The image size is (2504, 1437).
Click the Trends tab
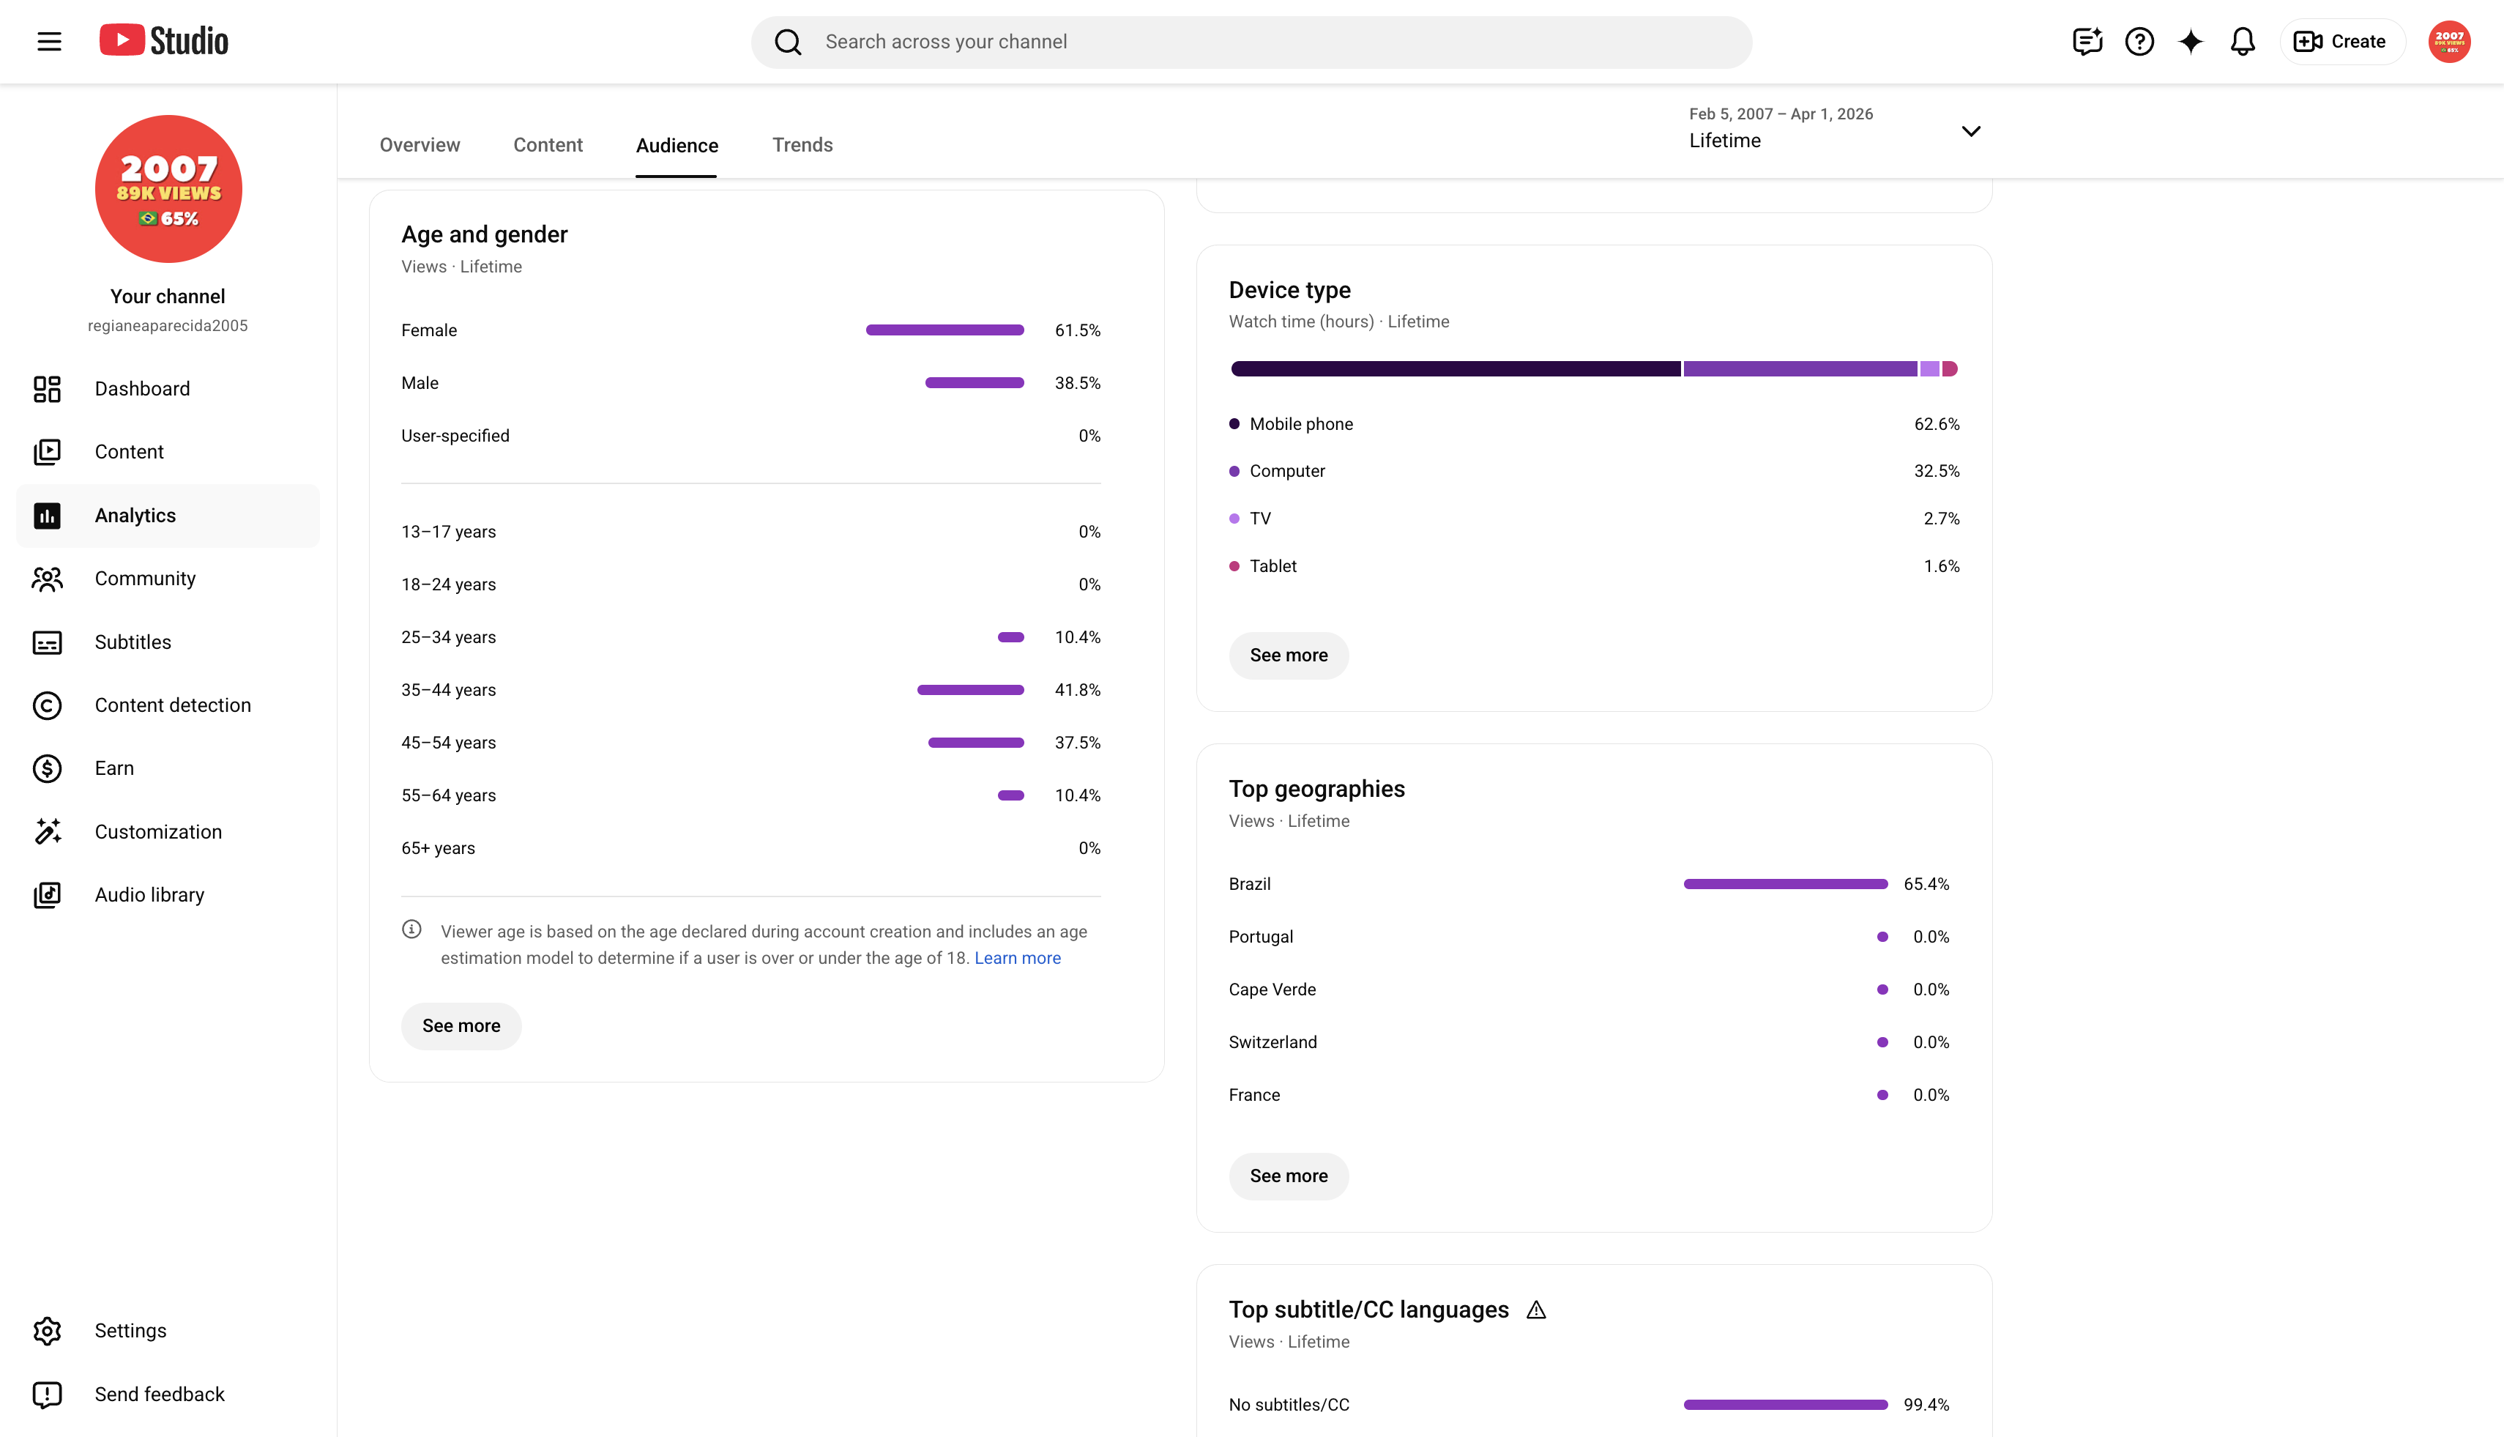click(x=802, y=145)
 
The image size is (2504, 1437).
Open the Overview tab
click(x=420, y=145)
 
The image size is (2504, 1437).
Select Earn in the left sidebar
click(x=113, y=768)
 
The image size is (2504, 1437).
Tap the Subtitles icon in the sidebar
click(x=48, y=642)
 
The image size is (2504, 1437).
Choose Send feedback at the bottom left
click(x=159, y=1394)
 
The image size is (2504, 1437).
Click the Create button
click(x=2340, y=42)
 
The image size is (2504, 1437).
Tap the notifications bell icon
click(x=2242, y=42)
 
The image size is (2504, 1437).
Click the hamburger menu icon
click(x=49, y=42)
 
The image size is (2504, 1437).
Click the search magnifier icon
click(x=787, y=42)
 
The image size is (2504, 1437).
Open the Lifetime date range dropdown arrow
click(x=1970, y=131)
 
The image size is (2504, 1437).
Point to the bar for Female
click(x=944, y=330)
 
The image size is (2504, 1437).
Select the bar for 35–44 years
click(x=970, y=690)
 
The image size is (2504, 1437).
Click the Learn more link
click(x=1017, y=958)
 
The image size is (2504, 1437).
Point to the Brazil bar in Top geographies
click(x=1785, y=884)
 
